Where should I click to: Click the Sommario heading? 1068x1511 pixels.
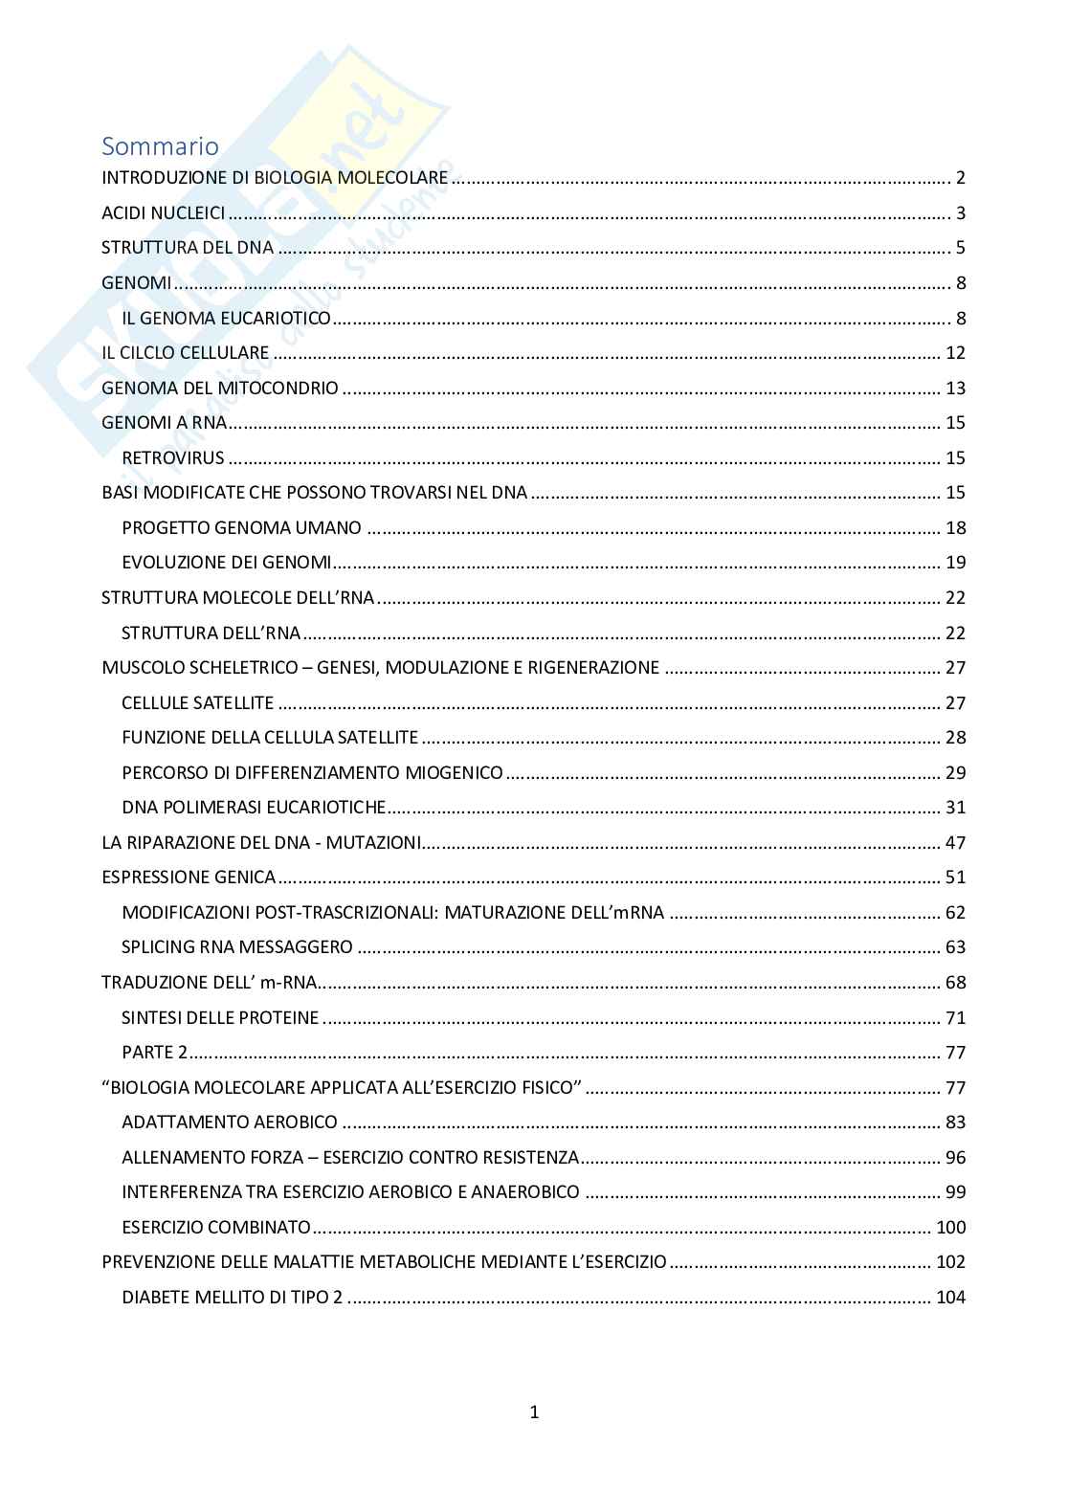pos(160,146)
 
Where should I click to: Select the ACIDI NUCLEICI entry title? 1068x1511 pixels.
pos(164,212)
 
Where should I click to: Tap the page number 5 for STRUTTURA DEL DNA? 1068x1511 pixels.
pos(960,248)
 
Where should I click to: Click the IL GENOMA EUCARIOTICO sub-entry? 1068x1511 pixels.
pos(226,318)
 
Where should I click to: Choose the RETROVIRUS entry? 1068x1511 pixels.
pos(173,457)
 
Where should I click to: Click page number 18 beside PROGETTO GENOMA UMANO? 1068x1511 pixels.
pos(955,527)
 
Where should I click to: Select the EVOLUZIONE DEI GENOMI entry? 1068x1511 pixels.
pos(227,562)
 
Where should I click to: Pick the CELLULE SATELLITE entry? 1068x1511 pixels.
pos(198,702)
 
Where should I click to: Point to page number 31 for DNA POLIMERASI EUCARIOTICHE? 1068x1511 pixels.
pos(955,807)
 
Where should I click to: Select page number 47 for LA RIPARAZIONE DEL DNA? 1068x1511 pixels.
pos(955,842)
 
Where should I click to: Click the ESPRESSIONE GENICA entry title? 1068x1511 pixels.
pos(189,877)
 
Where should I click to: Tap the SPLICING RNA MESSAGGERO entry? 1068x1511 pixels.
pos(237,947)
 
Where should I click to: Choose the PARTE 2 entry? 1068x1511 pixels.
pos(155,1052)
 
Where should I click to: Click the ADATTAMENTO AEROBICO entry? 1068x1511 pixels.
pos(230,1122)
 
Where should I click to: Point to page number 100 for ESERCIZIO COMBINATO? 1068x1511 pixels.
pos(951,1227)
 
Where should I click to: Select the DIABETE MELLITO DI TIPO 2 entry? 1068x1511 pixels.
pos(234,1297)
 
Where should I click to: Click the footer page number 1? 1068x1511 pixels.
pos(534,1411)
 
